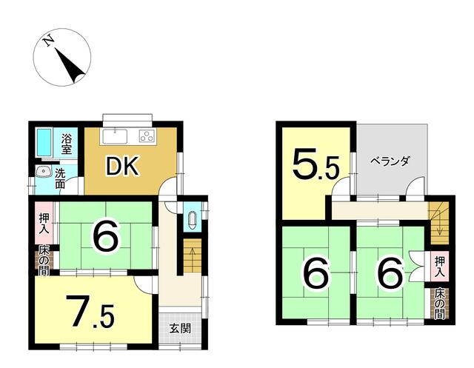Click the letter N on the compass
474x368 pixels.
49,41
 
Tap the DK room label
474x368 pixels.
122,166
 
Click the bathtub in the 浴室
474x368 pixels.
44,143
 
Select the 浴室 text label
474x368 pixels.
67,144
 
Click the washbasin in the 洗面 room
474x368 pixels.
43,171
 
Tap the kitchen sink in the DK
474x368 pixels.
115,136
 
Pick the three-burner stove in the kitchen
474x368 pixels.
147,136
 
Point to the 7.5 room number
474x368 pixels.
90,312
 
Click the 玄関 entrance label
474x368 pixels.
180,329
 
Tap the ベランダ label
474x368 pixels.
390,161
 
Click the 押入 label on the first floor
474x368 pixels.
44,223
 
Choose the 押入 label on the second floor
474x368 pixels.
439,267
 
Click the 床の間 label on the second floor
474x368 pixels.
439,304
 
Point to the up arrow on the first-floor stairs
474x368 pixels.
191,255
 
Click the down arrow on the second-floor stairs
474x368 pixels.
439,224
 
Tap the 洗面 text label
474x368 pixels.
60,178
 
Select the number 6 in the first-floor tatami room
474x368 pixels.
105,237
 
